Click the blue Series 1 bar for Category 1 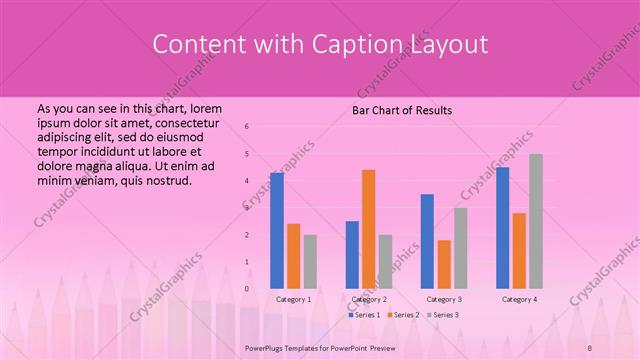coord(277,230)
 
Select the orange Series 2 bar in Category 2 coord(368,229)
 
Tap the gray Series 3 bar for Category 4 coord(536,221)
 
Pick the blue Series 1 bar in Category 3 coord(427,241)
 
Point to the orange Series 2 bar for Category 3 coord(444,264)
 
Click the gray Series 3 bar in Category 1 coord(310,261)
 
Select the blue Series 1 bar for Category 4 coord(502,227)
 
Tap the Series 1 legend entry coord(364,315)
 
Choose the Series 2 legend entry coord(403,315)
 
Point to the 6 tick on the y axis coord(247,127)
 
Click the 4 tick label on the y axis coord(247,181)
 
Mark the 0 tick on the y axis coord(247,289)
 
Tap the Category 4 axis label coord(519,299)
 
